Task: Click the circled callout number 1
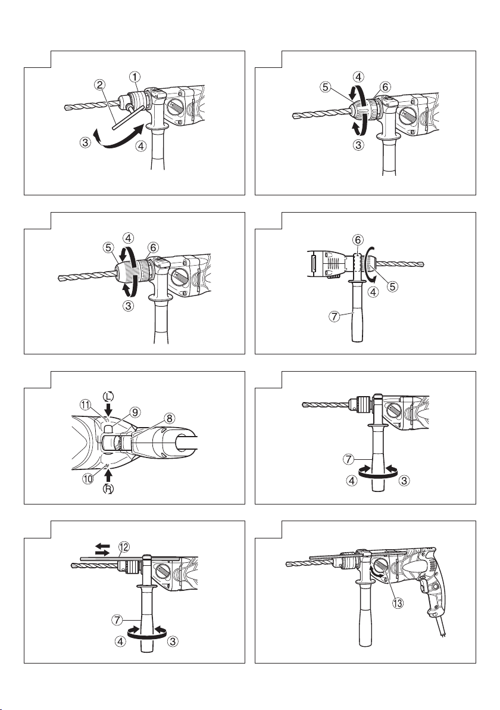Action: coord(135,76)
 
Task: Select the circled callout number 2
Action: coord(100,85)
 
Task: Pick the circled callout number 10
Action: coord(88,478)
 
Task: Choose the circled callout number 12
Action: coord(123,546)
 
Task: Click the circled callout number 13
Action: coord(398,603)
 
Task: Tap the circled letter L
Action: coord(108,396)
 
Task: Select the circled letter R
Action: coord(108,488)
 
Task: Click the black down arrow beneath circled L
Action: coord(108,409)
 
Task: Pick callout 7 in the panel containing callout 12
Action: coord(117,619)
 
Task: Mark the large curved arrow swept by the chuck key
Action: coord(120,137)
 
